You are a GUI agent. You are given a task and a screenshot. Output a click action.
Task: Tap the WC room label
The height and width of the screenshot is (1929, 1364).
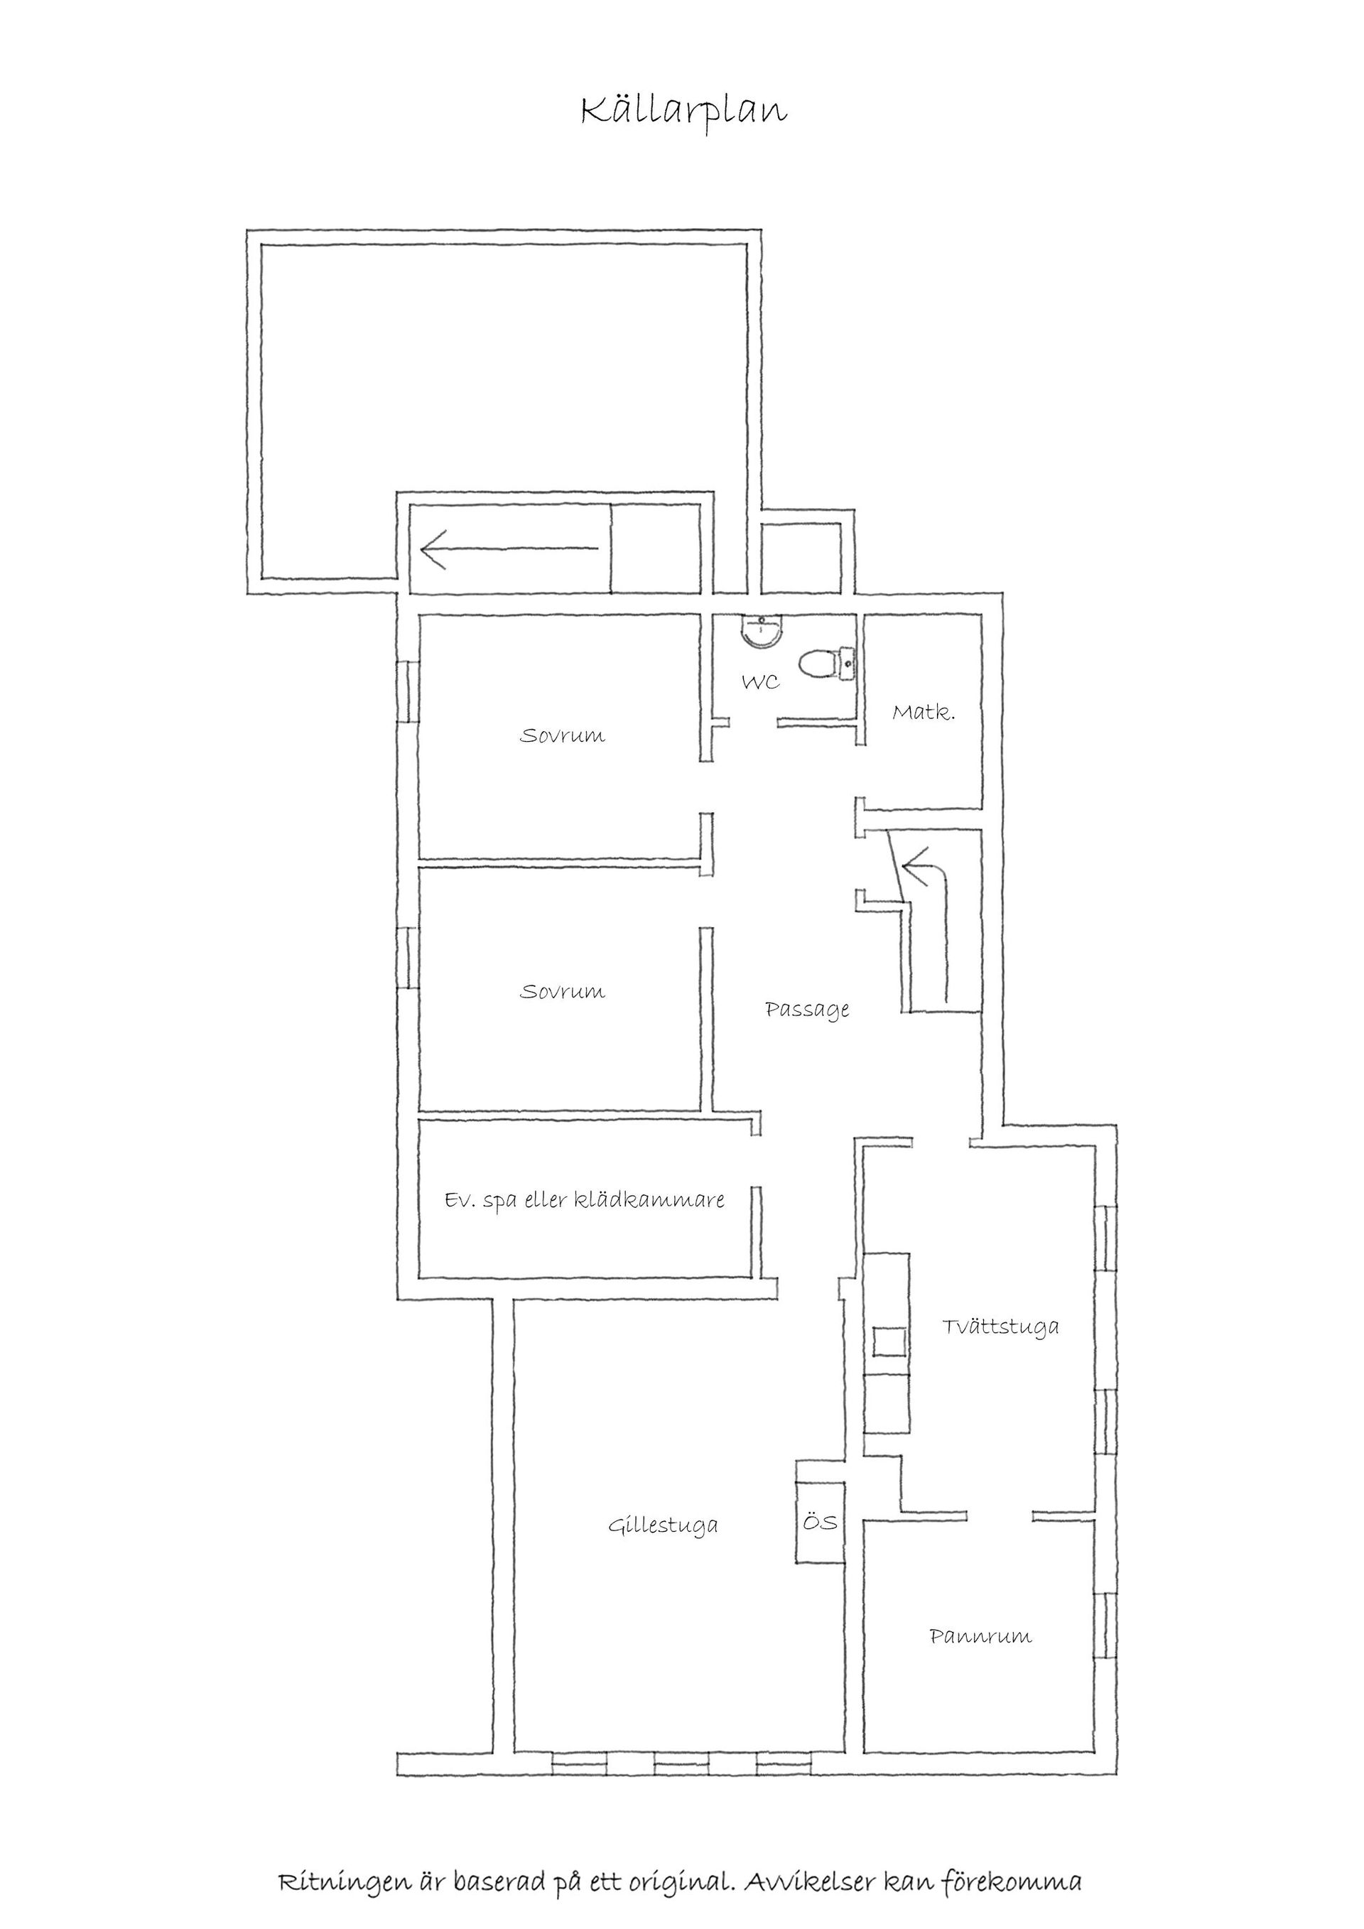[760, 681]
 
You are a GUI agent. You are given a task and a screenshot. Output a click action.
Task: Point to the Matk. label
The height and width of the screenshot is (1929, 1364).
[923, 713]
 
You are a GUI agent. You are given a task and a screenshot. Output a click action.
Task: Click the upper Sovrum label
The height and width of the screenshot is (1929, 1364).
[562, 736]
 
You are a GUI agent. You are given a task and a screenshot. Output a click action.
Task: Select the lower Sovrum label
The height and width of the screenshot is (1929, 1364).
[562, 991]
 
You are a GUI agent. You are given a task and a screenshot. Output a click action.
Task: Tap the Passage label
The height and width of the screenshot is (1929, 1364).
[807, 1009]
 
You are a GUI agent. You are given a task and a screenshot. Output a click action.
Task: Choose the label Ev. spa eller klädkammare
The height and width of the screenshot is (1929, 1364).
[585, 1199]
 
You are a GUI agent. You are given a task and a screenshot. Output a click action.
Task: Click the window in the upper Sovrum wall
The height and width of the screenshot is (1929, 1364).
[407, 691]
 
